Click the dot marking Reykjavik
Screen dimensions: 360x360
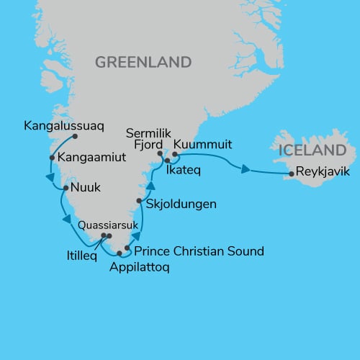[x=290, y=174]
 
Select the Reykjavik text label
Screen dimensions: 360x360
[x=321, y=174]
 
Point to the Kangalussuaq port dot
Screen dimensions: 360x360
[x=75, y=136]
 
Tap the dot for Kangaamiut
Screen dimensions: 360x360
[x=52, y=158]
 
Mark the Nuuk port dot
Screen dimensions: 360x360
[x=66, y=189]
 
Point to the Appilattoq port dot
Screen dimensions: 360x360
[x=120, y=253]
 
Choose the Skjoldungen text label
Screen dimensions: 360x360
[x=181, y=204]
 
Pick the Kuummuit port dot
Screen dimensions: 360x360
[x=175, y=153]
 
